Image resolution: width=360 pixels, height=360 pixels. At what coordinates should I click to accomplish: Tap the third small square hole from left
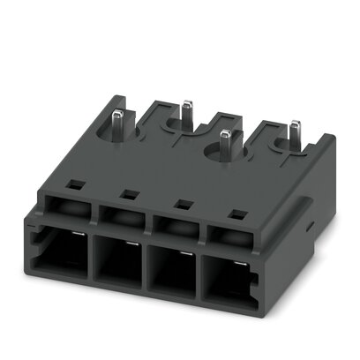coord(183,203)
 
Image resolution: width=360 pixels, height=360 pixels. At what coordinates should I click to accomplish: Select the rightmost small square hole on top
coord(236,213)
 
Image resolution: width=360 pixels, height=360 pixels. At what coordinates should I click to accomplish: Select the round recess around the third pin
coord(221,157)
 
